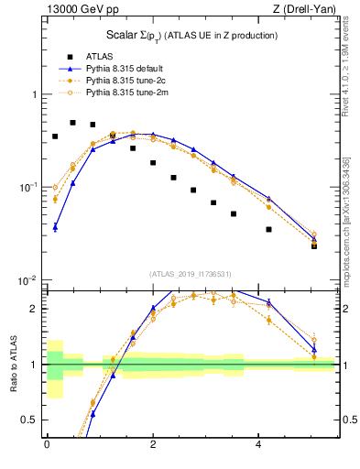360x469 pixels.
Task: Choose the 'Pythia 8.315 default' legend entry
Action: click(x=127, y=68)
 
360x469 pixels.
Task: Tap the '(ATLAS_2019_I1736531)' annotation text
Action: click(x=191, y=274)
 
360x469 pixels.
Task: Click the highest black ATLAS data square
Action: click(x=73, y=122)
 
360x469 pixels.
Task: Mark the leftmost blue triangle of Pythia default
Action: click(x=55, y=226)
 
